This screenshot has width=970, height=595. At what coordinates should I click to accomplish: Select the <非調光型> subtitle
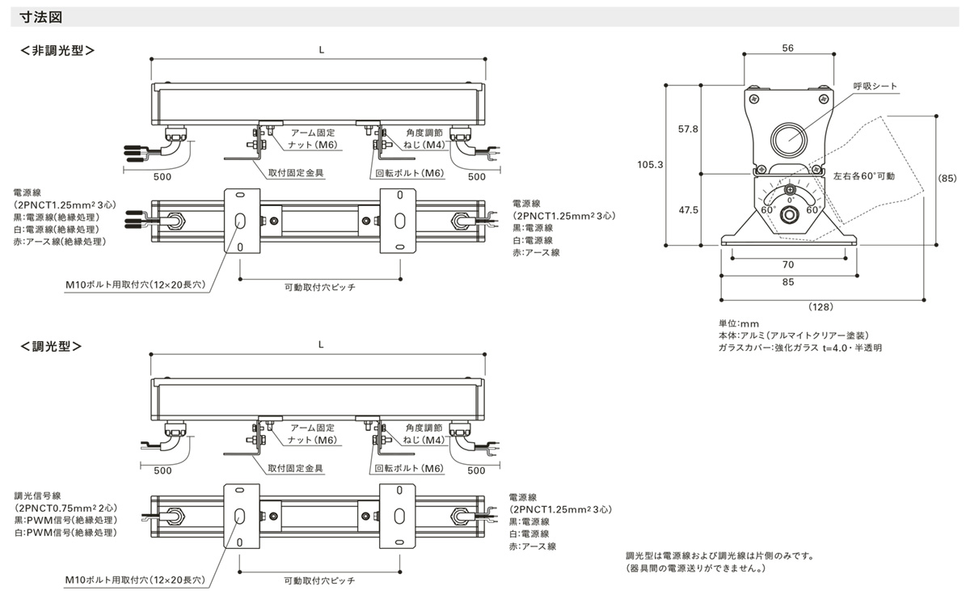pyautogui.click(x=57, y=50)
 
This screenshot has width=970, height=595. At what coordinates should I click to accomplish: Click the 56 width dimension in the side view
pyautogui.click(x=787, y=49)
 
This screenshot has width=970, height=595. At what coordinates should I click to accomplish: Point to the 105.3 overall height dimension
pyautogui.click(x=650, y=164)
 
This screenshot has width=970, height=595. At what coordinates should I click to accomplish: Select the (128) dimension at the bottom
pyautogui.click(x=821, y=306)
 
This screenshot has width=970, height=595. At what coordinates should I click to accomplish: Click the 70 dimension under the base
pyautogui.click(x=787, y=264)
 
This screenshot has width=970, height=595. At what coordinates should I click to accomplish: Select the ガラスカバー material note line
pyautogui.click(x=799, y=348)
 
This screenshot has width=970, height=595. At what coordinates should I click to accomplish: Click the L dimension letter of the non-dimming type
pyautogui.click(x=321, y=49)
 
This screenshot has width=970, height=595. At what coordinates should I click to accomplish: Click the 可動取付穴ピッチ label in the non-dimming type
pyautogui.click(x=320, y=287)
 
